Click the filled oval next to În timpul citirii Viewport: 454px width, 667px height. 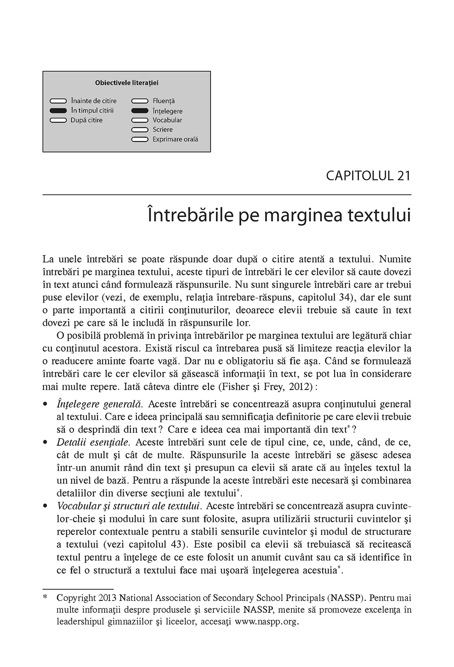pyautogui.click(x=58, y=110)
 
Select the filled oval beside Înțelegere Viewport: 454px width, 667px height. pyautogui.click(x=140, y=111)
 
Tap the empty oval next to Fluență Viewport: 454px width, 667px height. pyautogui.click(x=140, y=101)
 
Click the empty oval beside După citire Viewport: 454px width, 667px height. pyautogui.click(x=58, y=120)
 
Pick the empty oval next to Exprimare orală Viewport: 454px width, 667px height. pyautogui.click(x=140, y=139)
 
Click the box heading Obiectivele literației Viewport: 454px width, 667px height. pyautogui.click(x=127, y=82)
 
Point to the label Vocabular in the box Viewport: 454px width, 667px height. pyautogui.click(x=167, y=120)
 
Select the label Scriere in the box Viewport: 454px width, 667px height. pyautogui.click(x=163, y=129)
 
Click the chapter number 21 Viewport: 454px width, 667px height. pyautogui.click(x=403, y=175)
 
